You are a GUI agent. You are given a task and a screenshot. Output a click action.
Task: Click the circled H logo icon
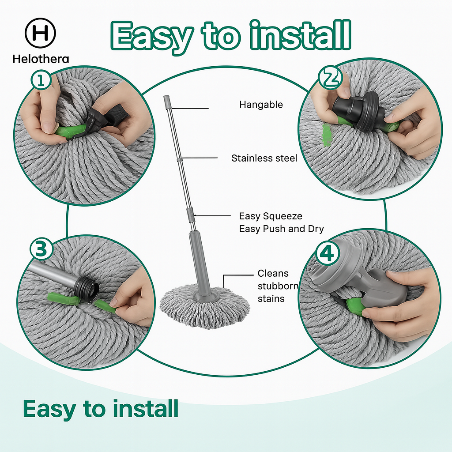pyautogui.click(x=41, y=34)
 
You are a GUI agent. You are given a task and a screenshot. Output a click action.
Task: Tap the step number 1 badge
pyautogui.click(x=41, y=81)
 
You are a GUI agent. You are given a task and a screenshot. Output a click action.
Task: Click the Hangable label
pyautogui.click(x=261, y=105)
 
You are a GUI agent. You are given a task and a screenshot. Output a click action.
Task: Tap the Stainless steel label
pyautogui.click(x=264, y=158)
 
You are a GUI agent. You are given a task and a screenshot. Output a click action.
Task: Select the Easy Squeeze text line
pyautogui.click(x=271, y=216)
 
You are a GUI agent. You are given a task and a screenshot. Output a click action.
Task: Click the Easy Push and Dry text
pyautogui.click(x=281, y=229)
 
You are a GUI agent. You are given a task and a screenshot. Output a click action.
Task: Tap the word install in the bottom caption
pyautogui.click(x=146, y=408)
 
